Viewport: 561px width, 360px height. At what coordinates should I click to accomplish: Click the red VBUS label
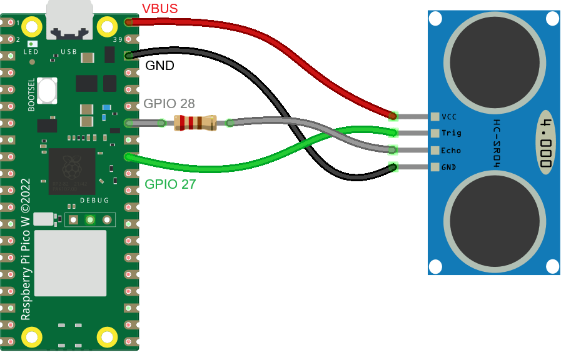(160, 9)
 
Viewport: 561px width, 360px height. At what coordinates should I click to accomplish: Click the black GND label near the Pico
(159, 66)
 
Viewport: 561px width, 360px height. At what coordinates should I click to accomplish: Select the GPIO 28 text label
(169, 104)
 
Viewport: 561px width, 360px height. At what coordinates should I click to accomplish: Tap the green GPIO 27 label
(170, 184)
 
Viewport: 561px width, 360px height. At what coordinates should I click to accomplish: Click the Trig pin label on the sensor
(451, 133)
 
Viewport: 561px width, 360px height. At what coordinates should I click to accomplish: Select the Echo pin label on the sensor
(451, 151)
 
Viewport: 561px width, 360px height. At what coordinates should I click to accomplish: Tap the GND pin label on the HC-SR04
(448, 167)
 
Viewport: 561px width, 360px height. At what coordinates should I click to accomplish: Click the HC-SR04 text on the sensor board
(497, 142)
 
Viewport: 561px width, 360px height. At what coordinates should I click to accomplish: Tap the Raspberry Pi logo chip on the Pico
(72, 171)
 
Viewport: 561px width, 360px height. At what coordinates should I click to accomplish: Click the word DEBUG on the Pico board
(94, 201)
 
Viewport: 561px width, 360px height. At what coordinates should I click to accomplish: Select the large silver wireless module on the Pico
(70, 262)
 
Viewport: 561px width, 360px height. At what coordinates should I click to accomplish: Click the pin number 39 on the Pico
(116, 41)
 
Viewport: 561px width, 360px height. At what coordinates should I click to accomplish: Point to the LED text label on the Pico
(31, 52)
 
